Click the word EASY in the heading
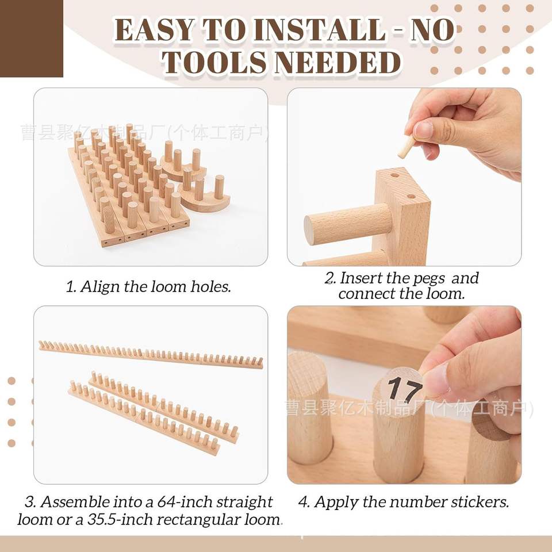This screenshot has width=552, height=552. coord(154,30)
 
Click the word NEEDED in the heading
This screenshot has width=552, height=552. coord(338,62)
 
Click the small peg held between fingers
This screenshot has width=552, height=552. coord(407,147)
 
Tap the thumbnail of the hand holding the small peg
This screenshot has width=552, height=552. coord(404,177)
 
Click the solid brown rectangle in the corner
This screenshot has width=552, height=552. coord(31,39)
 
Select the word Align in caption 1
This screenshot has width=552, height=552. coord(100,287)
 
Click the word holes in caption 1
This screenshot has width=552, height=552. coord(211,286)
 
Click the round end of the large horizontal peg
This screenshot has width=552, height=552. coord(310,231)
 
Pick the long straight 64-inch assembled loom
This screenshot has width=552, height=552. coord(151,355)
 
